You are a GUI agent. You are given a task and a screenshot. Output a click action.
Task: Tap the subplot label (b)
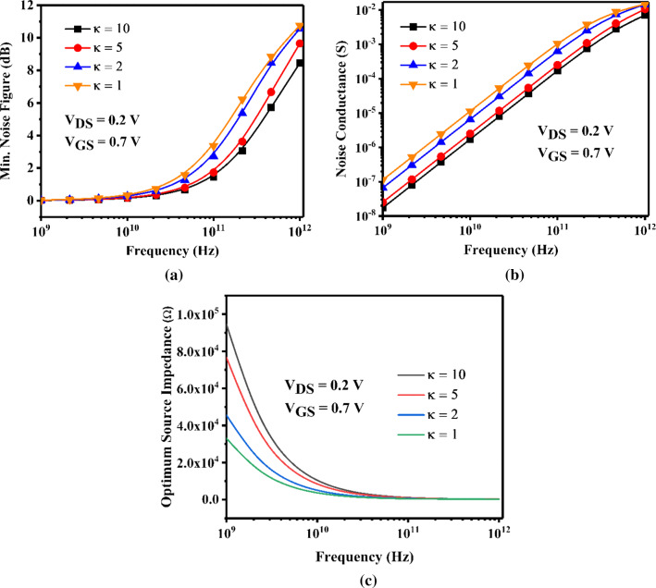pos(514,276)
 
